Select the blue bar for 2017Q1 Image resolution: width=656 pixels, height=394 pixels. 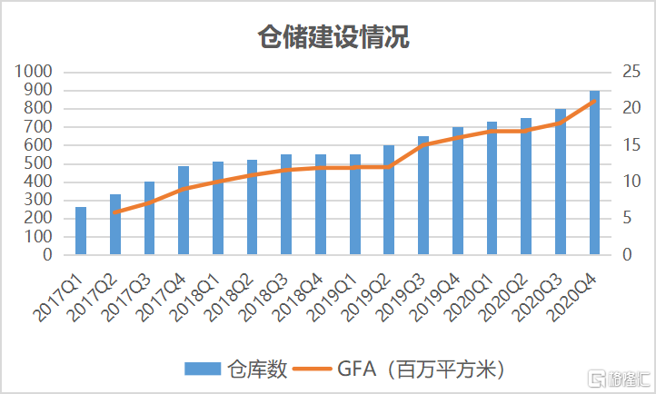click(x=81, y=231)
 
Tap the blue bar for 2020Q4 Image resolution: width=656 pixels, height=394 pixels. click(x=594, y=172)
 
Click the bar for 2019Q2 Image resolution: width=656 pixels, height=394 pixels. click(x=389, y=200)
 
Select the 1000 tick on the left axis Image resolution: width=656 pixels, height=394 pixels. click(x=34, y=72)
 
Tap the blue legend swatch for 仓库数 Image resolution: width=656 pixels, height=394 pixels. click(x=203, y=369)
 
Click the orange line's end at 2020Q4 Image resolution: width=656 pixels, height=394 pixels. click(x=594, y=101)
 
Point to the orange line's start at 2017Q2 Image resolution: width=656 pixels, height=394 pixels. click(x=115, y=212)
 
